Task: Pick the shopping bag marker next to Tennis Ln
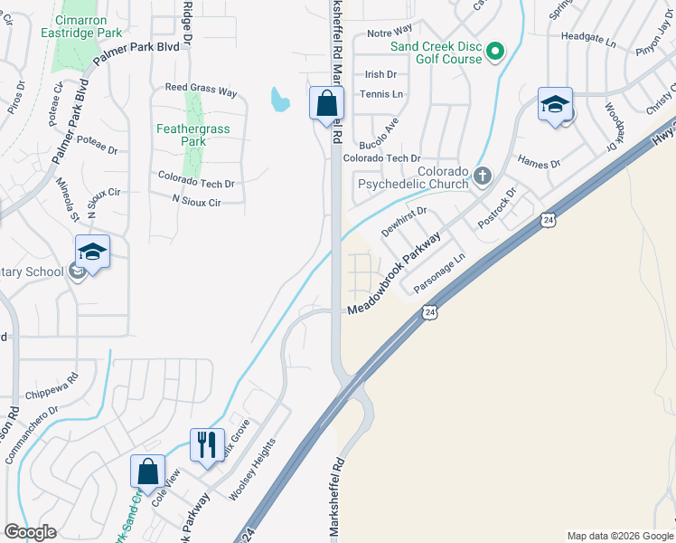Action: [326, 104]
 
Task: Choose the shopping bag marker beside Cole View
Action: [148, 472]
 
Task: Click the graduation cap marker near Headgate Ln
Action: [554, 104]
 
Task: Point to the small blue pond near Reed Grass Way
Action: [279, 98]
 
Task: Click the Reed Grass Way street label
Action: [201, 92]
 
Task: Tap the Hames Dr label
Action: [539, 161]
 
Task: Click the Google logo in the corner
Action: [30, 532]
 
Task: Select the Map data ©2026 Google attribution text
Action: [620, 536]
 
